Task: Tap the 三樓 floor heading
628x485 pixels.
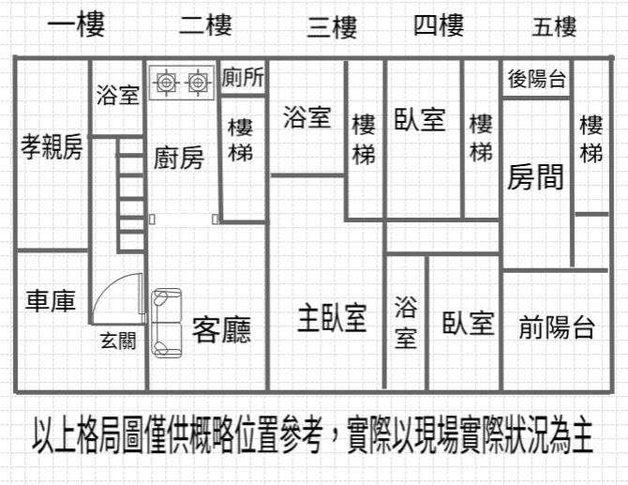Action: [332, 27]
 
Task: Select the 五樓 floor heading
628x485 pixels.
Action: [554, 27]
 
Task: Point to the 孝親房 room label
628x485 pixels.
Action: [52, 147]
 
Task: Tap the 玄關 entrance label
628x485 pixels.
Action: [118, 341]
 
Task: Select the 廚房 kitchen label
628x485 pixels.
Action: [178, 158]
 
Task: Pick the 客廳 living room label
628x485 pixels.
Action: [222, 329]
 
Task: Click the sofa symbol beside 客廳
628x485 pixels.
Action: [166, 323]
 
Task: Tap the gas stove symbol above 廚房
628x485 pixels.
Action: [181, 83]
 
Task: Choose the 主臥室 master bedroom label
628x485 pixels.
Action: [332, 319]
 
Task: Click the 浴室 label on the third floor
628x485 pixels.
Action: [307, 117]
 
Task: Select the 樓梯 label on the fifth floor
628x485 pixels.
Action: [591, 138]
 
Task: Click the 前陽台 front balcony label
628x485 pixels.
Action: [557, 327]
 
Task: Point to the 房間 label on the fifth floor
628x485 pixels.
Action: [535, 176]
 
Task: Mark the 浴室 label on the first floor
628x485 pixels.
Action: [118, 95]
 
